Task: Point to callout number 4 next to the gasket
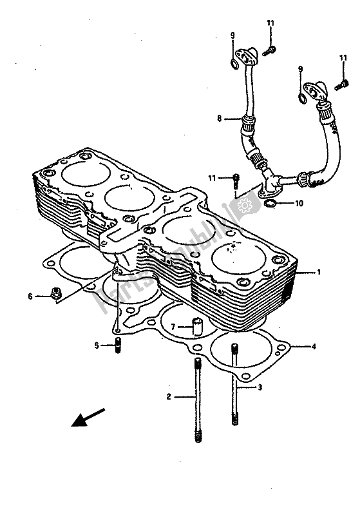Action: point(314,347)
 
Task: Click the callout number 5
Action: point(97,345)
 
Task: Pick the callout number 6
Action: point(30,296)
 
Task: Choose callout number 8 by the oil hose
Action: point(219,118)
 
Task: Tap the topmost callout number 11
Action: point(270,23)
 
